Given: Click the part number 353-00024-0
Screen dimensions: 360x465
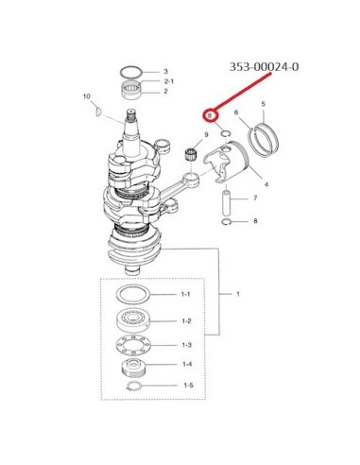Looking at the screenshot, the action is click(264, 67).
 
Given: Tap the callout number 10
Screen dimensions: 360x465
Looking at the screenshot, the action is click(87, 96).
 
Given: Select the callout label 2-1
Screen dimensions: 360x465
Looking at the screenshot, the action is click(169, 81).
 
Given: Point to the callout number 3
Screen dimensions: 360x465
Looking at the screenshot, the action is click(166, 72).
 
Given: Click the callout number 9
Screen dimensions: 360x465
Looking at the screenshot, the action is click(206, 134).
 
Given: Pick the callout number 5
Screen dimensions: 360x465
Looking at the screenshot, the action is click(264, 104).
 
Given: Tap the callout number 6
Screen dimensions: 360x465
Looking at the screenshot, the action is click(236, 112).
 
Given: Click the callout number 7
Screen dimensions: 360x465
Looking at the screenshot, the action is click(255, 198).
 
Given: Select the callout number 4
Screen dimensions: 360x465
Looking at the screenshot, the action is click(266, 184).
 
